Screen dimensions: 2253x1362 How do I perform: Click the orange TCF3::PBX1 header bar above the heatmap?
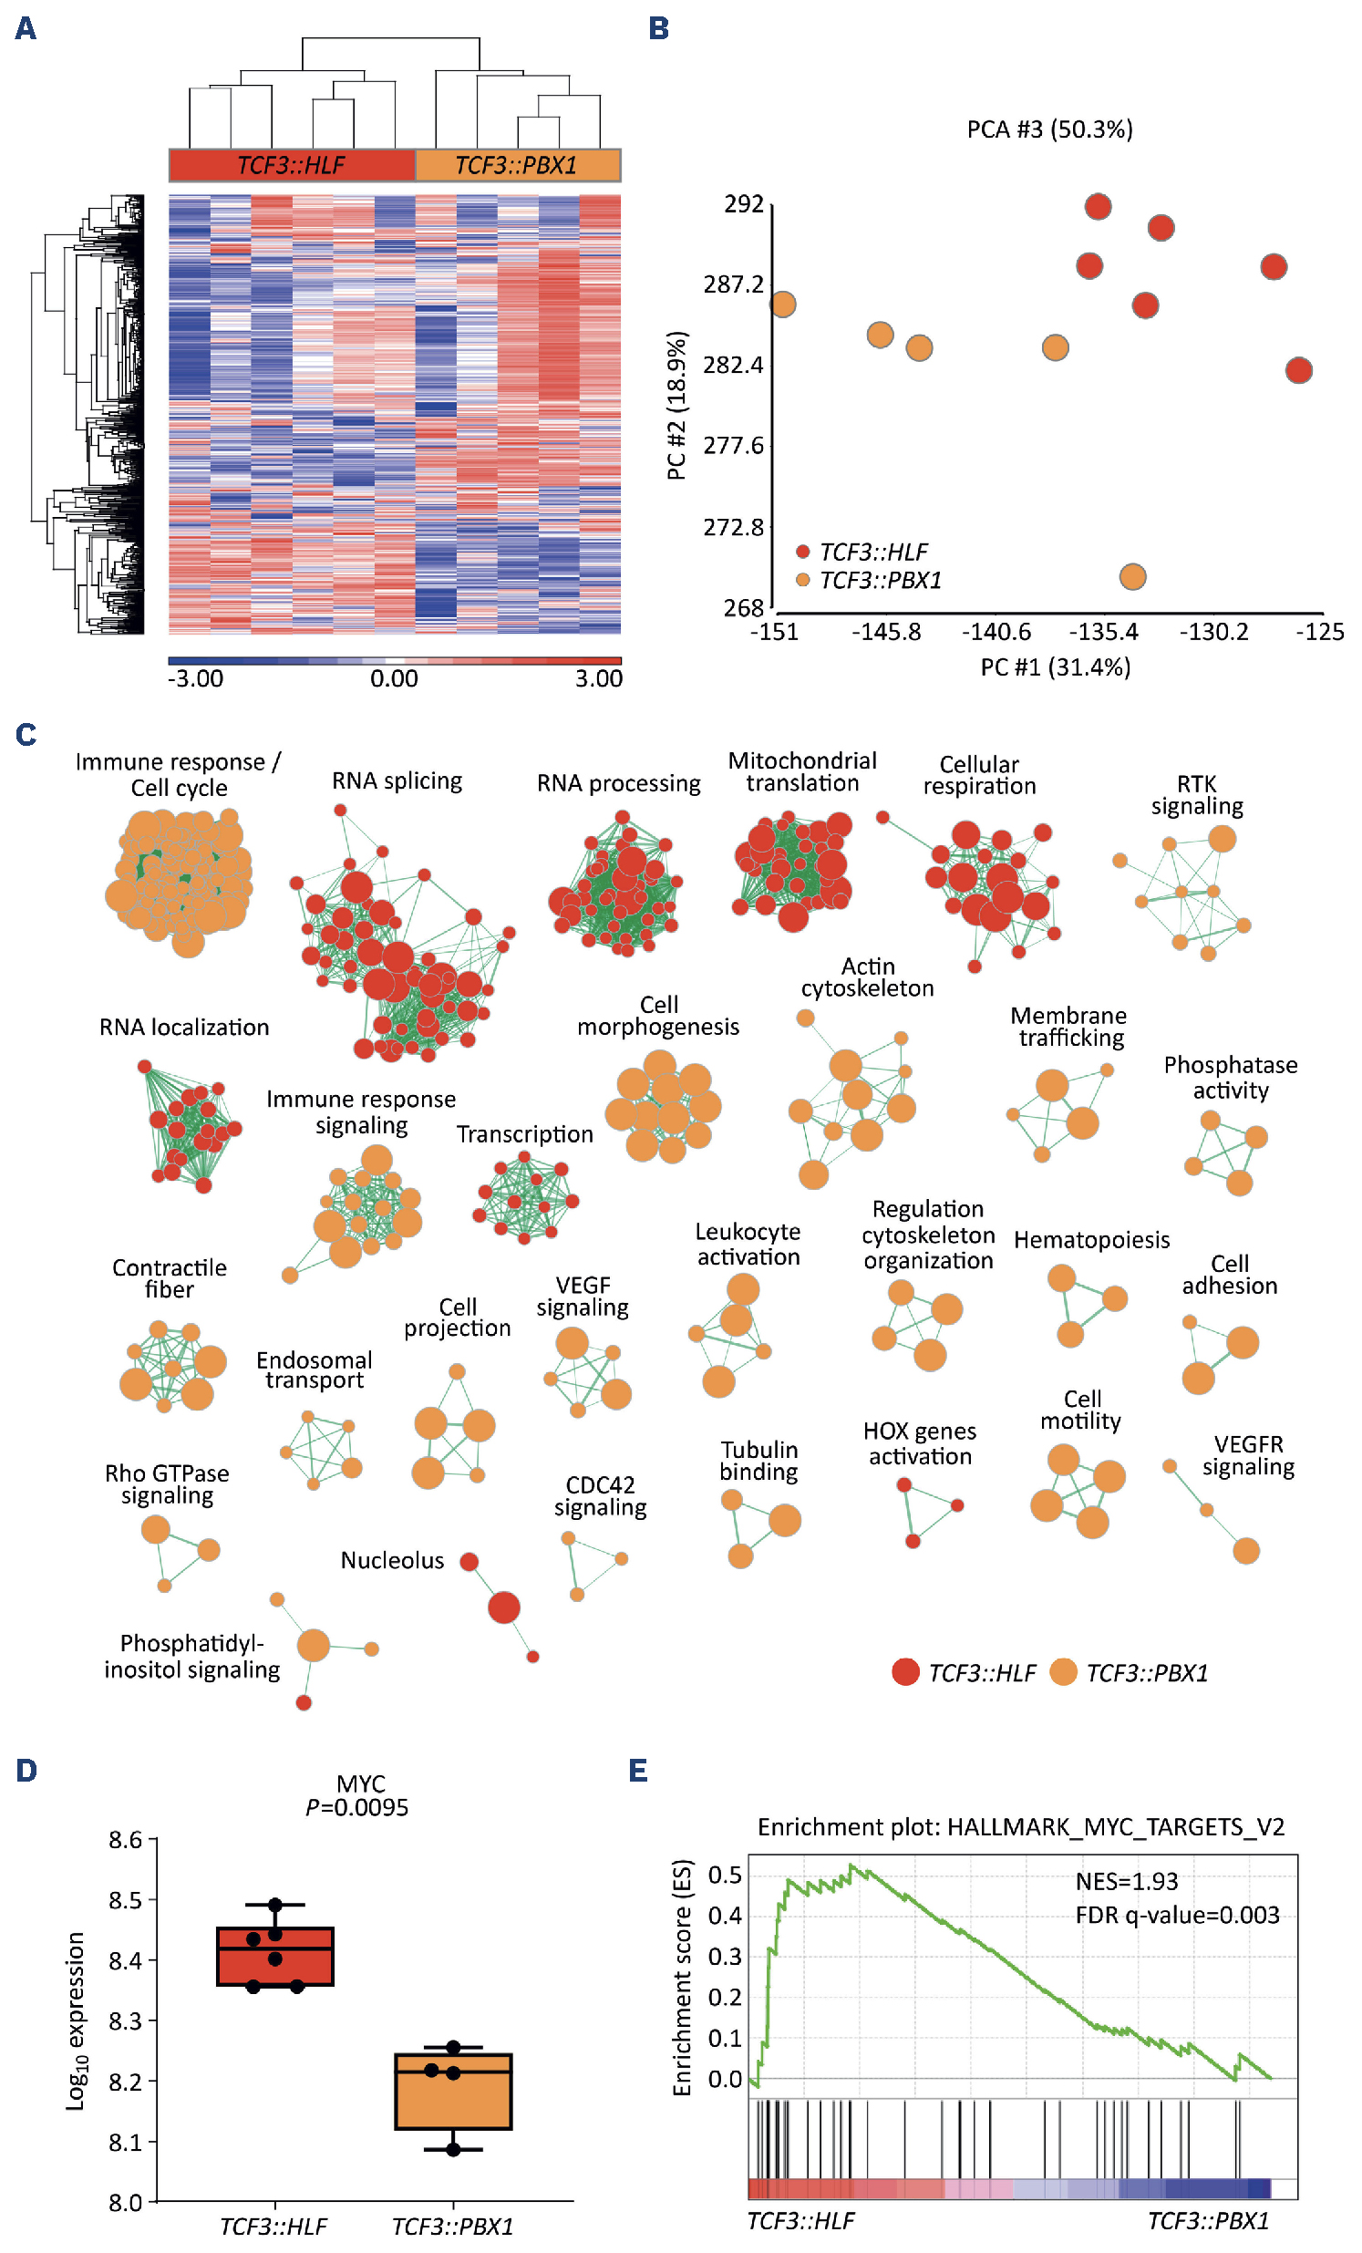pos(518,166)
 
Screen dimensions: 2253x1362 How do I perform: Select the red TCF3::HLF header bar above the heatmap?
pos(292,166)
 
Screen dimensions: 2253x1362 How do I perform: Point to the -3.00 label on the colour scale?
pos(196,678)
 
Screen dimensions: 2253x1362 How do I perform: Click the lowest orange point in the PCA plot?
pos(1132,577)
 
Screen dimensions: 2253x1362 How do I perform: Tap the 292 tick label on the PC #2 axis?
pos(743,204)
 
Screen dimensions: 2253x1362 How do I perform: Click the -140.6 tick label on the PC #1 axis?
pos(996,632)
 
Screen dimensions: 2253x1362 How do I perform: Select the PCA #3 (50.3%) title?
pos(1049,129)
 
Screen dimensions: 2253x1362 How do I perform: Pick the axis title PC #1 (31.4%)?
pos(1055,667)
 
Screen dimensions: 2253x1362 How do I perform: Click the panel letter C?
pos(26,735)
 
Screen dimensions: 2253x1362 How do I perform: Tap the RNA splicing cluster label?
pos(397,780)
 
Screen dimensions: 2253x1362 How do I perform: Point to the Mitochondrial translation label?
pos(801,771)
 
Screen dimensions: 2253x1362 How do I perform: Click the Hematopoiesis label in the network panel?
pos(1091,1240)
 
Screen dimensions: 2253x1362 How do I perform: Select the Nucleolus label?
pos(392,1560)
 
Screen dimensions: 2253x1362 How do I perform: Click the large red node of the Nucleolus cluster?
pos(503,1607)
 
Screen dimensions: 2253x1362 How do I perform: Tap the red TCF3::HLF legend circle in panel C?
pos(905,1672)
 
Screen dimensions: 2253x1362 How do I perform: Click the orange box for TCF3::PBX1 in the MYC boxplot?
pos(453,2091)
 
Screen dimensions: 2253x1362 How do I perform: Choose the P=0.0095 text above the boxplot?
pos(356,1807)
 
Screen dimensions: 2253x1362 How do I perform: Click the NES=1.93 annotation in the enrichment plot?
pos(1126,1881)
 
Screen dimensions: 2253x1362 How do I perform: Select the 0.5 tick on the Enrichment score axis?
pos(725,1876)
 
